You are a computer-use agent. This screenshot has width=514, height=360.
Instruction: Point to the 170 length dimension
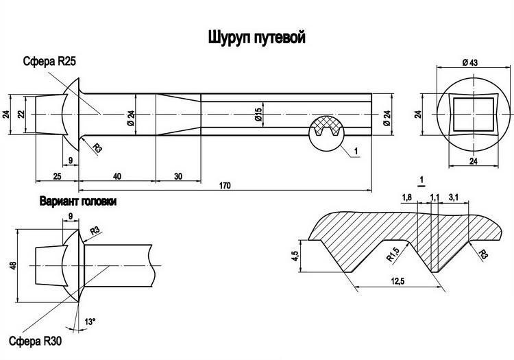224,186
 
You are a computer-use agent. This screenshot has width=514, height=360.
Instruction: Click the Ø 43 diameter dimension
469,62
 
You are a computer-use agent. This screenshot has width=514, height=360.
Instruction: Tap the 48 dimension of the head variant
12,264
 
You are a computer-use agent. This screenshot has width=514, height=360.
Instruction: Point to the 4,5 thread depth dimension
295,256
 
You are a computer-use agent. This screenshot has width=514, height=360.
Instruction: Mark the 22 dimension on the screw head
21,114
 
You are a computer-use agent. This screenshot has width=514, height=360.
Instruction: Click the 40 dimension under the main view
117,177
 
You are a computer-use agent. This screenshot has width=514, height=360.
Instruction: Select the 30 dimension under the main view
178,177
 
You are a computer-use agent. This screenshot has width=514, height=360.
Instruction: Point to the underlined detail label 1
422,180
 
